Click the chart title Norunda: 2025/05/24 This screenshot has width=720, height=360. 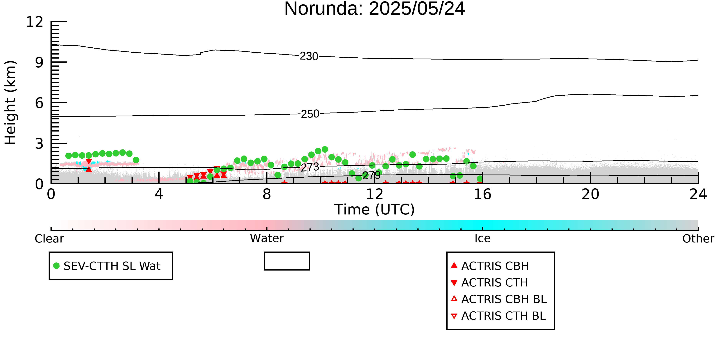[x=375, y=9]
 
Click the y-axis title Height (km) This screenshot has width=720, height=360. [x=11, y=103]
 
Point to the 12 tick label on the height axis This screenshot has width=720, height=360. [x=35, y=22]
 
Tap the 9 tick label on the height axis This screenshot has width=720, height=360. [x=39, y=62]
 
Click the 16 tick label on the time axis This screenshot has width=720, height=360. [x=482, y=194]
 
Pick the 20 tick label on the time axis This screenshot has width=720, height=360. [x=590, y=194]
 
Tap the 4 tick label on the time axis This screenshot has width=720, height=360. [x=159, y=194]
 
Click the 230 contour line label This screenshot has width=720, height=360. [x=309, y=56]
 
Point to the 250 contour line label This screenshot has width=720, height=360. [x=310, y=114]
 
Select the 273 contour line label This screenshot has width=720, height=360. [x=310, y=167]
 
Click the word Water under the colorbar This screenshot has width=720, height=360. [x=267, y=238]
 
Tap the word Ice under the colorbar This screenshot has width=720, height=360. [x=482, y=238]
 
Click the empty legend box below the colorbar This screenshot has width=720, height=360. [x=287, y=261]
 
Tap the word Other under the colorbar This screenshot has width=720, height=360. [x=698, y=239]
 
